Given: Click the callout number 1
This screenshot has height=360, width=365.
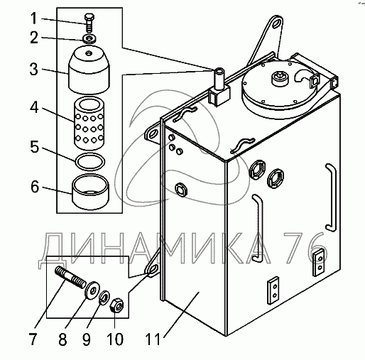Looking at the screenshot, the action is tap(34, 18).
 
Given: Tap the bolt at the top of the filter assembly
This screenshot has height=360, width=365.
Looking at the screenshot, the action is tap(89, 23).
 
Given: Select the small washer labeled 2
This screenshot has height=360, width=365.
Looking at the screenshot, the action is tap(89, 38).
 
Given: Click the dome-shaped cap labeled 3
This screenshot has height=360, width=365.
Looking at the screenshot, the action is tap(89, 70).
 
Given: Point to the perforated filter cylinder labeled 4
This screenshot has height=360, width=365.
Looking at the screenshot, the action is tap(89, 124).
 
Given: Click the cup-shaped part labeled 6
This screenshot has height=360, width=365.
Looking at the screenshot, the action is tap(90, 192).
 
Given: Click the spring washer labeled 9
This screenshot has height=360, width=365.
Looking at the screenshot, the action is tap(104, 298).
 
